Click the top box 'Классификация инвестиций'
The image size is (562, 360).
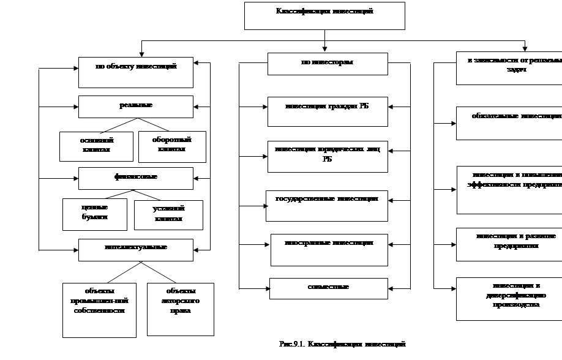tap(324, 15)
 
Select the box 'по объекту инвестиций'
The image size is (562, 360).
tap(136, 72)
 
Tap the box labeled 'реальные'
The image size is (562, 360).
tap(136, 107)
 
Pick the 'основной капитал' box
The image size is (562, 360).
tap(96, 146)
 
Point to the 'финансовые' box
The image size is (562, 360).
tap(136, 178)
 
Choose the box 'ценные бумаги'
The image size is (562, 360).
tap(95, 214)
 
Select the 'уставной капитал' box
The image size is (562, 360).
tap(168, 215)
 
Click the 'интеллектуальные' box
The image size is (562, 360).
tap(136, 249)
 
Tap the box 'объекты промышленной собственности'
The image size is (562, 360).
tap(99, 310)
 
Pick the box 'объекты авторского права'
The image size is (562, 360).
tap(181, 309)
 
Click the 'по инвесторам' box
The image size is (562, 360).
tap(328, 64)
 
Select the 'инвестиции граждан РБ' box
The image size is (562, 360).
tap(328, 111)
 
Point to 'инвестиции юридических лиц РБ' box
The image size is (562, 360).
tap(328, 157)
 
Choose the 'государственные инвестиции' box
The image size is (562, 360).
tap(327, 205)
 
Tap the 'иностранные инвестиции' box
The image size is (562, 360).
tap(329, 249)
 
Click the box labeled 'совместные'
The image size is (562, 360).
tap(329, 288)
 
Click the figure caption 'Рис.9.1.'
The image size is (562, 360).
tap(342, 347)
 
